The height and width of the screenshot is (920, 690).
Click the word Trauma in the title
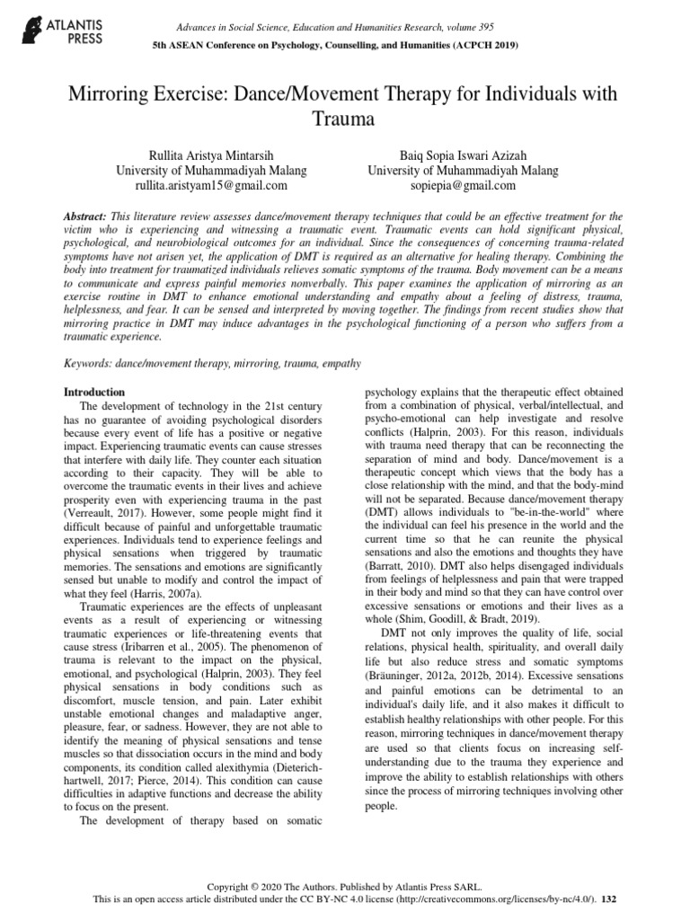coord(345,118)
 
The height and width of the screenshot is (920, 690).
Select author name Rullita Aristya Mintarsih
coord(210,154)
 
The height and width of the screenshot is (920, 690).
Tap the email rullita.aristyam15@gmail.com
coord(211,186)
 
